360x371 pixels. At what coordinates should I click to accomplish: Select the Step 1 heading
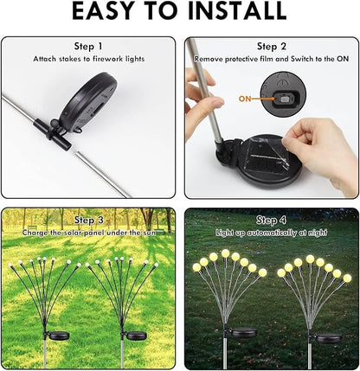point(88,46)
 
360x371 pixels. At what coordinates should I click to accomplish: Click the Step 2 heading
point(272,46)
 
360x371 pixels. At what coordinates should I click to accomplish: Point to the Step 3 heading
point(88,221)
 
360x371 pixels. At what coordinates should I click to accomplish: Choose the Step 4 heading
point(272,221)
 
